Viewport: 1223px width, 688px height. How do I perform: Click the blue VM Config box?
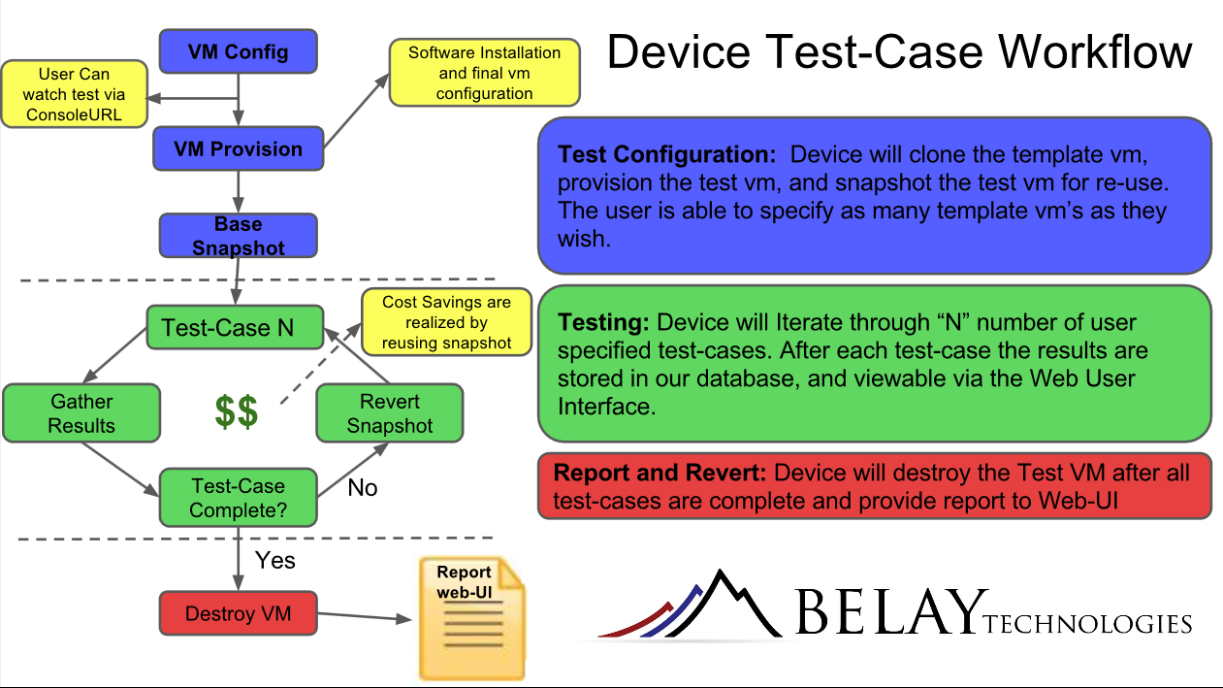(238, 51)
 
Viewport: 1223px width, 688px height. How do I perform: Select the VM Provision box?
(238, 148)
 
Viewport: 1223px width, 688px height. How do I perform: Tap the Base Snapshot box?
(238, 236)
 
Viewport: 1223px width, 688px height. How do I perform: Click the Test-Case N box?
(234, 327)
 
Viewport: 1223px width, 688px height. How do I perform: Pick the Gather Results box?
(80, 413)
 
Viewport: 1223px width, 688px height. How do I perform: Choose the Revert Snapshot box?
(389, 413)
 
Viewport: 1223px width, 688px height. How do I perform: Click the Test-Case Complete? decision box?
(238, 497)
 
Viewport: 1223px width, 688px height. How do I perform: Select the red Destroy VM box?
(238, 613)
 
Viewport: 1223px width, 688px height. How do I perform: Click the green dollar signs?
(237, 411)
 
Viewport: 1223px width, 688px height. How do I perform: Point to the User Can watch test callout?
(74, 95)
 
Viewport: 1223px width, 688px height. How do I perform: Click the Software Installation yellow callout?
(484, 73)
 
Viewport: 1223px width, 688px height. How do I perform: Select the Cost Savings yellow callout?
(446, 322)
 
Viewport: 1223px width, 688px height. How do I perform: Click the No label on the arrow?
(362, 487)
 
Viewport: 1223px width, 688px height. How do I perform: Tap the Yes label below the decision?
(274, 560)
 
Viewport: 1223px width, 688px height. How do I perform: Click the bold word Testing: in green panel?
(604, 322)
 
